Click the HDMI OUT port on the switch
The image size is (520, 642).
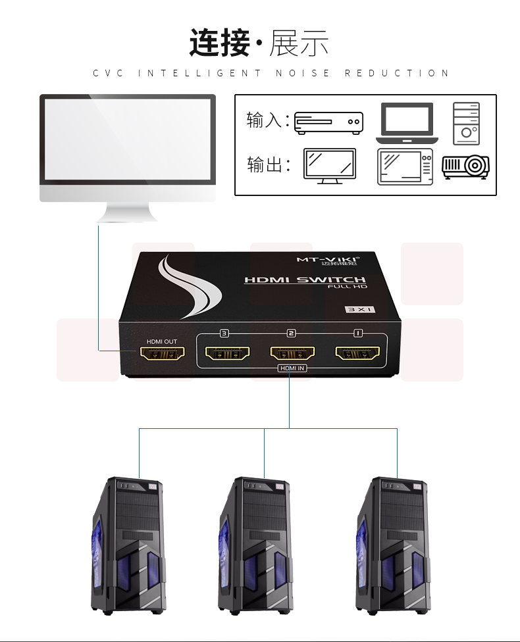[x=163, y=353]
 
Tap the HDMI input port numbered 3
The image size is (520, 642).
[x=228, y=353]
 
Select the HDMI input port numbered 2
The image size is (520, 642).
[x=292, y=353]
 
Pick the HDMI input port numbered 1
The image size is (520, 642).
[x=357, y=353]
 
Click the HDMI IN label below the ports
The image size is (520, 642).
[x=292, y=368]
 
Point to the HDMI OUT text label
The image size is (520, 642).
[x=162, y=341]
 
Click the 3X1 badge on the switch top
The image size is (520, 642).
[x=361, y=309]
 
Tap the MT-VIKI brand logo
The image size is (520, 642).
[x=328, y=260]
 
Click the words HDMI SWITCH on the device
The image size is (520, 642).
[x=305, y=280]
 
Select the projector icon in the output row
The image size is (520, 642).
[x=465, y=166]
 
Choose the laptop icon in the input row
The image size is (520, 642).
[x=407, y=123]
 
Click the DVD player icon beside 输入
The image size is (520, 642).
[x=328, y=123]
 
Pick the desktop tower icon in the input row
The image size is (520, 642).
[x=466, y=124]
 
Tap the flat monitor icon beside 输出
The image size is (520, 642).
[x=330, y=166]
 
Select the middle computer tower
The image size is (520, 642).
[x=255, y=545]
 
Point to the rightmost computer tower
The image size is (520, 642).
[x=393, y=545]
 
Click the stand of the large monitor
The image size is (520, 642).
[x=128, y=212]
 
